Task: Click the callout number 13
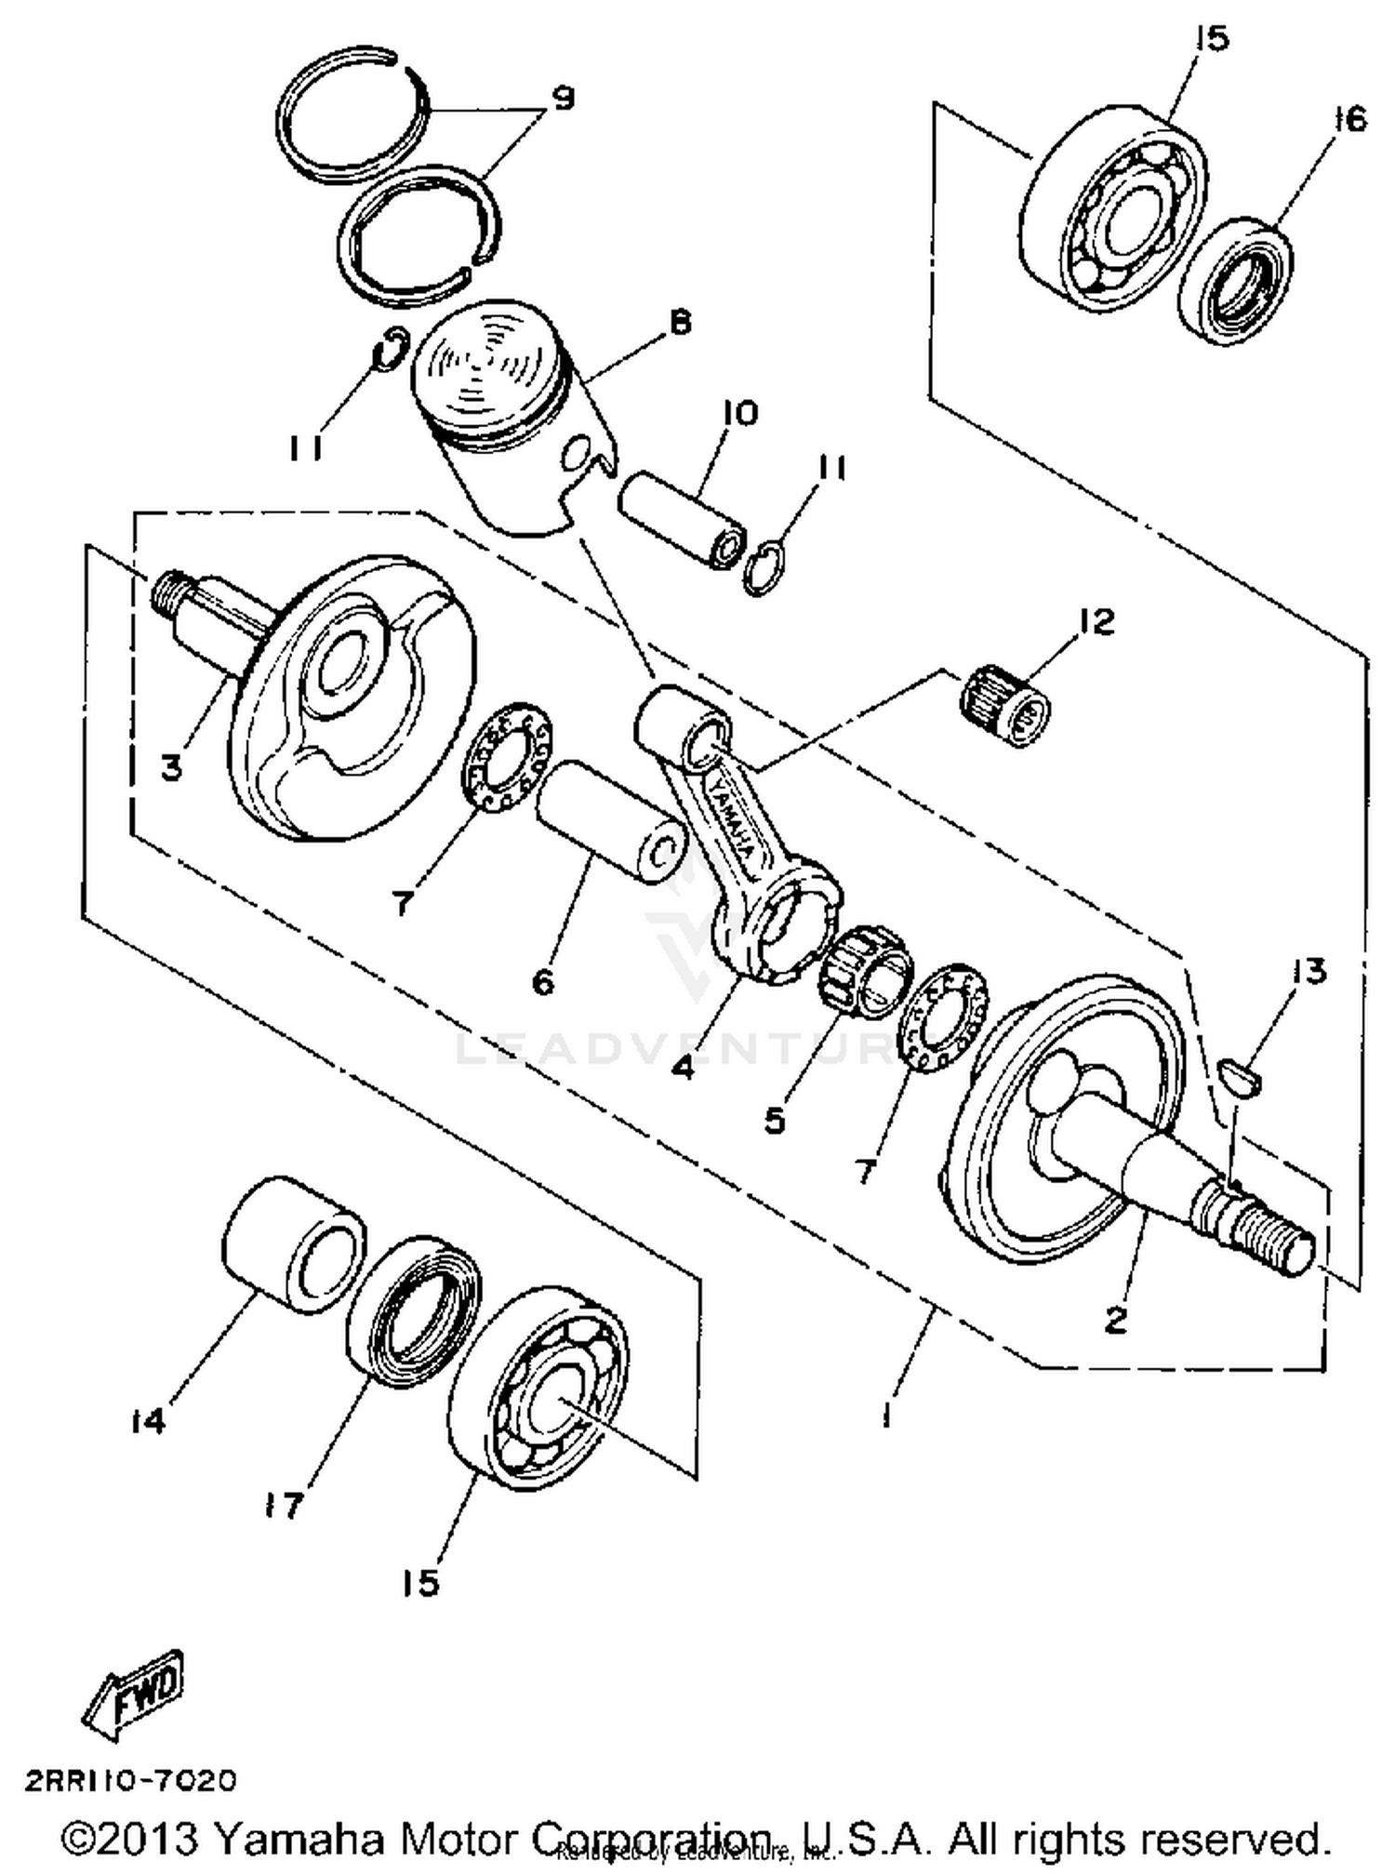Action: pyautogui.click(x=1309, y=972)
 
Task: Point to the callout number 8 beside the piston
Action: pyautogui.click(x=681, y=323)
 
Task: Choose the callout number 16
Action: pyautogui.click(x=1349, y=119)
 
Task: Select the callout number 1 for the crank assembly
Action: pyautogui.click(x=887, y=1416)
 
